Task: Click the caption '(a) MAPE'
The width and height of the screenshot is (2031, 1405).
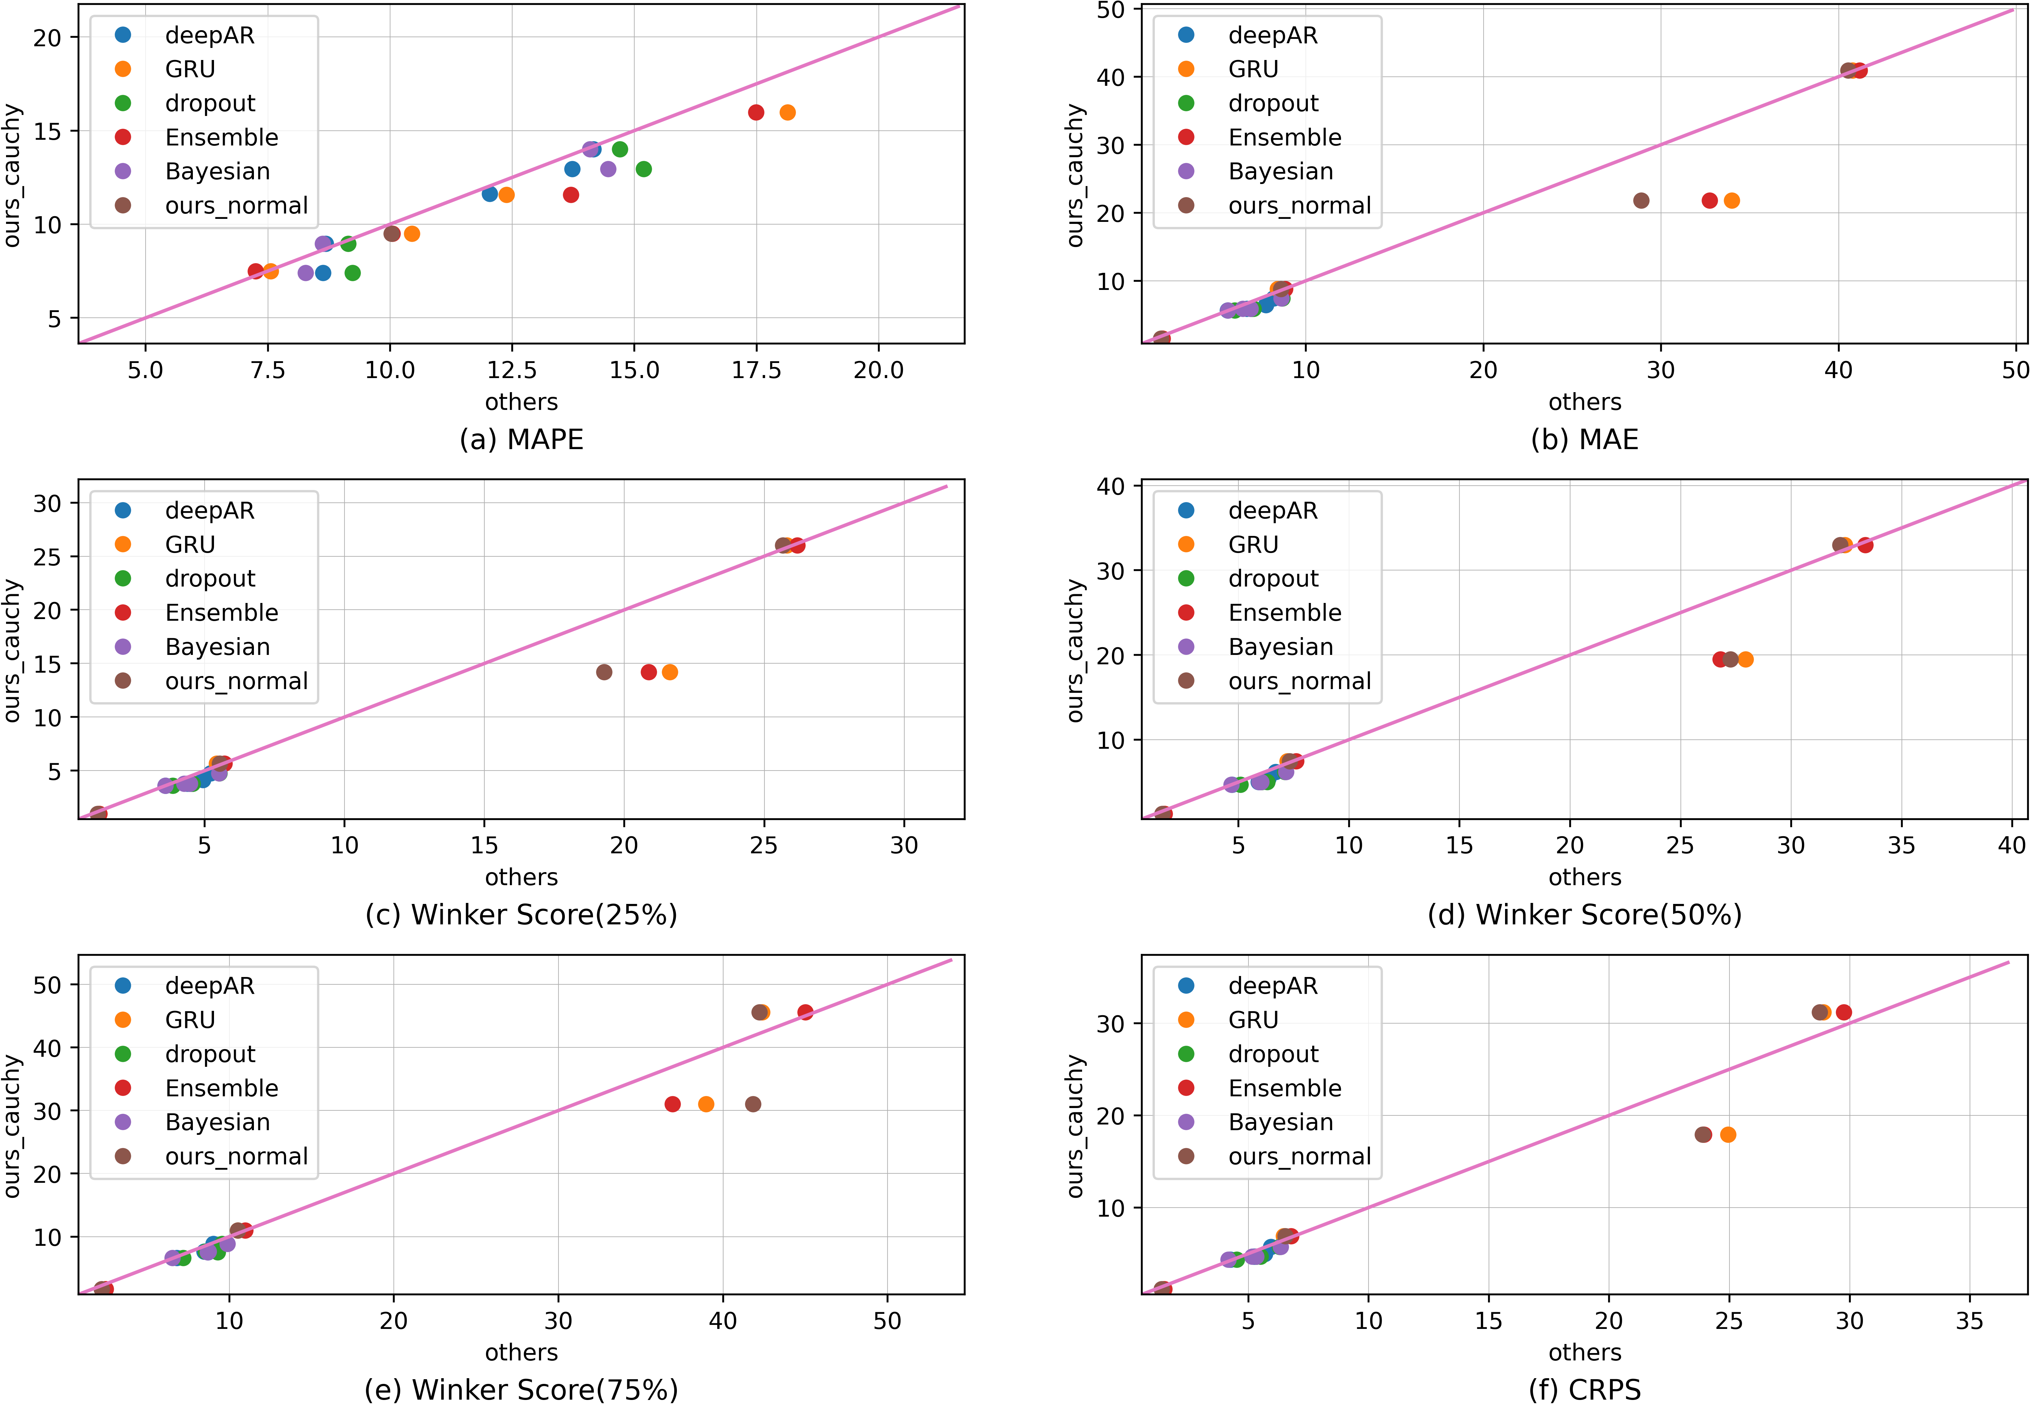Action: click(521, 439)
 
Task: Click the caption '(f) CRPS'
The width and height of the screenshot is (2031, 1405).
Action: click(1585, 1389)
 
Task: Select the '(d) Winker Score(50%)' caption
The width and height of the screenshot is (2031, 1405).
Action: click(1585, 915)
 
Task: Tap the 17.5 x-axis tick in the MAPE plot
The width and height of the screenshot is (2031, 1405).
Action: click(757, 370)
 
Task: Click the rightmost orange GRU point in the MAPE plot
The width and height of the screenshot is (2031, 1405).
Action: click(787, 113)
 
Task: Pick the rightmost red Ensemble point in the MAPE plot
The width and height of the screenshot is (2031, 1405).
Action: click(756, 113)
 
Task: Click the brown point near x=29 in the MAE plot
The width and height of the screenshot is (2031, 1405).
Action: click(1641, 201)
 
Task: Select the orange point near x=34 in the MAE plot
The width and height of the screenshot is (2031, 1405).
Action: click(1731, 201)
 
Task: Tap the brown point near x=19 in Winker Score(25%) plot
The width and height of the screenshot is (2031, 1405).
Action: click(604, 673)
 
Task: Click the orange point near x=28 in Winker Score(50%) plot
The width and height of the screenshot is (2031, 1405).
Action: click(1746, 659)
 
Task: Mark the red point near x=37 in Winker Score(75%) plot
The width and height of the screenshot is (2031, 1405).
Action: click(673, 1104)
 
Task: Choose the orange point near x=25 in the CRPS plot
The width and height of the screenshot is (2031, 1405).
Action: click(1728, 1135)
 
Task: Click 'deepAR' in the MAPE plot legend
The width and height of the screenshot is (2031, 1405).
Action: click(210, 35)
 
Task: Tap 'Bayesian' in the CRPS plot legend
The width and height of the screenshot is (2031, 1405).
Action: click(1281, 1122)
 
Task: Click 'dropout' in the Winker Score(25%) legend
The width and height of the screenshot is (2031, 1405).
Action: click(210, 578)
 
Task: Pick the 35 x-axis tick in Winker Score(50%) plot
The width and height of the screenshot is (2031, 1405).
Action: click(1902, 845)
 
